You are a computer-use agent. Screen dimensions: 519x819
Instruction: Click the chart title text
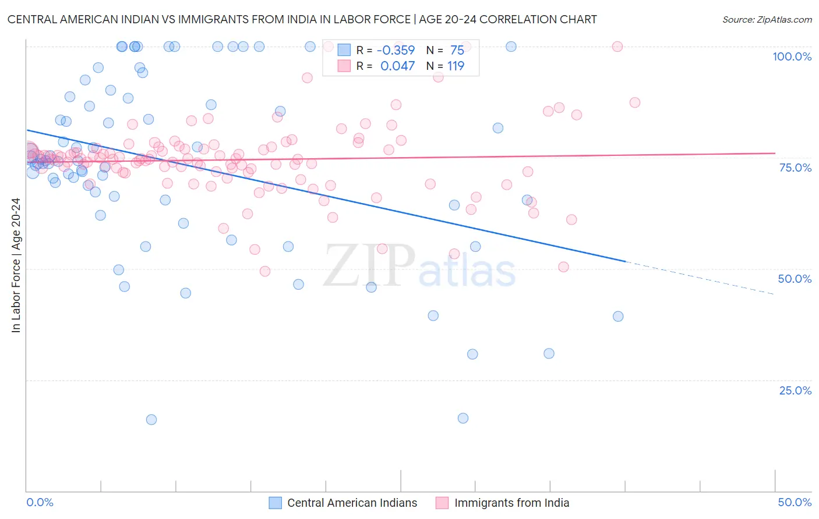(x=302, y=19)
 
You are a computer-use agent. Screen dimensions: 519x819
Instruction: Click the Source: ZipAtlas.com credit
(x=767, y=19)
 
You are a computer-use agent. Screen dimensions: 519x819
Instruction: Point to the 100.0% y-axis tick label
(x=792, y=56)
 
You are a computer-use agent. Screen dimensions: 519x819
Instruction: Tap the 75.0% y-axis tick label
(x=795, y=168)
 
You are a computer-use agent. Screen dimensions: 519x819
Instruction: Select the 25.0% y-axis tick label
(x=795, y=390)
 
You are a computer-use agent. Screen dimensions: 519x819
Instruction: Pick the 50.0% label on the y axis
(x=795, y=279)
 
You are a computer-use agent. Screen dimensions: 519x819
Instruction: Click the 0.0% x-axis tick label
(x=40, y=502)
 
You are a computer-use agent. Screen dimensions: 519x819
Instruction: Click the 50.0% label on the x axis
(x=795, y=502)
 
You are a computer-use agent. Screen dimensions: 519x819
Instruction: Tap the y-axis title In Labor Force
(x=16, y=265)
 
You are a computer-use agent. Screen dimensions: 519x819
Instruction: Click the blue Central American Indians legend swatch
(x=276, y=503)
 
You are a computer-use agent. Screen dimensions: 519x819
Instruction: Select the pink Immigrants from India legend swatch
(x=442, y=503)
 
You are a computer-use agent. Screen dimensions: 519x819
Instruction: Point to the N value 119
(x=456, y=66)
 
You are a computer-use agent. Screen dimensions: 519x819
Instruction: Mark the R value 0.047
(x=397, y=66)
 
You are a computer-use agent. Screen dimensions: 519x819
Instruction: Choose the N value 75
(x=457, y=50)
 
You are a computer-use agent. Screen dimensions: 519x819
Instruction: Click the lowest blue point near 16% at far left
(x=151, y=420)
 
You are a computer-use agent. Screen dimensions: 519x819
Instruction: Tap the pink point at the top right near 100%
(x=617, y=47)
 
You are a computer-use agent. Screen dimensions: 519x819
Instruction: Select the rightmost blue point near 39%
(x=618, y=317)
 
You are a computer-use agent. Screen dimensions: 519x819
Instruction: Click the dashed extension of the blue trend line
(x=699, y=278)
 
